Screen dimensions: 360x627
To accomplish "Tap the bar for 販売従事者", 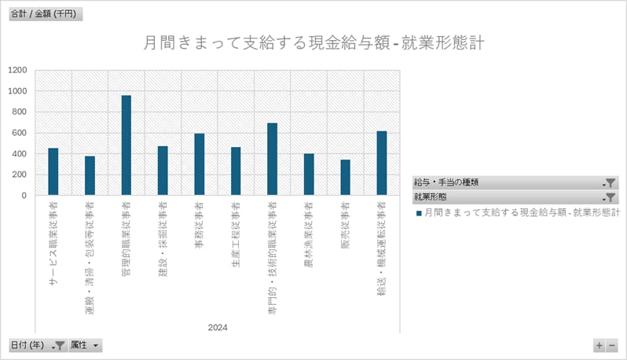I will pyautogui.click(x=345, y=177).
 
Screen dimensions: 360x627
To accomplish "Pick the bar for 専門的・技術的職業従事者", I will pyautogui.click(x=272, y=159).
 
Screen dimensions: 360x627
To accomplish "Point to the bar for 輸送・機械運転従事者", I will pyautogui.click(x=382, y=163).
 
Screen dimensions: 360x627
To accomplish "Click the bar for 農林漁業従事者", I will pyautogui.click(x=309, y=174).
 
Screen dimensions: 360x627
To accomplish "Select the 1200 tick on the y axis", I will pyautogui.click(x=17, y=70).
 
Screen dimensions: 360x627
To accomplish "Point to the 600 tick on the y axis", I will pyautogui.click(x=20, y=133).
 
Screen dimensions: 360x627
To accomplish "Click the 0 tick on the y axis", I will pyautogui.click(x=26, y=195).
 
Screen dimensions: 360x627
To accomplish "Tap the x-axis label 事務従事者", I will pyautogui.click(x=199, y=227).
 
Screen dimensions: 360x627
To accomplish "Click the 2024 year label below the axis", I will pyautogui.click(x=218, y=327).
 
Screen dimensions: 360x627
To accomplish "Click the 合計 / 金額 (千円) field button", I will pyautogui.click(x=44, y=15).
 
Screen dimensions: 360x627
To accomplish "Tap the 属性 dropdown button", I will pyautogui.click(x=86, y=345).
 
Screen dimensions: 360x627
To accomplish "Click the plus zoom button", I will pyautogui.click(x=599, y=345).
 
